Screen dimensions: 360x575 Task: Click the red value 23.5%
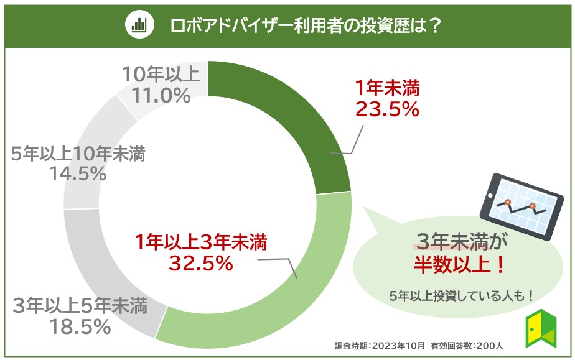(x=387, y=109)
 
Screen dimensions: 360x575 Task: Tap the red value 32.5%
(x=200, y=264)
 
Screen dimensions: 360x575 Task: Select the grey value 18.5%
(x=79, y=326)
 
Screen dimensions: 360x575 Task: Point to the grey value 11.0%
(x=161, y=95)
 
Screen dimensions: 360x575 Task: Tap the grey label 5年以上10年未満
(x=78, y=154)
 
